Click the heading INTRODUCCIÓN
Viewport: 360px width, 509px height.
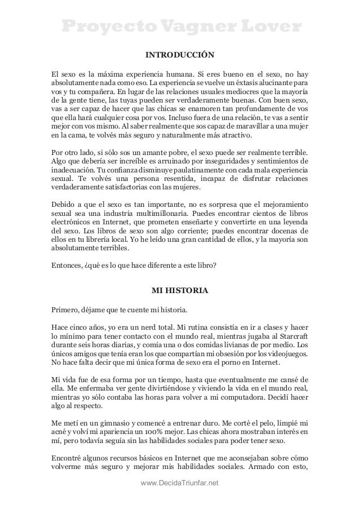pyautogui.click(x=180, y=55)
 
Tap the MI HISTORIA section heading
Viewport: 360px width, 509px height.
pyautogui.click(x=180, y=291)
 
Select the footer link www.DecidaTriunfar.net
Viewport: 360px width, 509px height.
pyautogui.click(x=180, y=484)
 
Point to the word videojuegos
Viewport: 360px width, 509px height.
pyautogui.click(x=288, y=355)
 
